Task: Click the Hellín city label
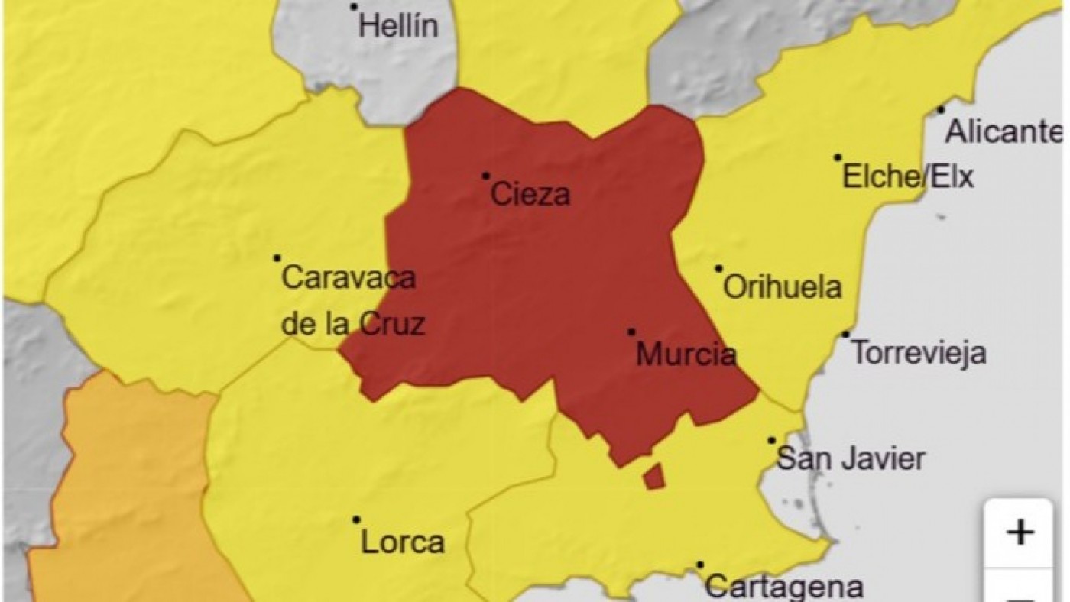click(x=398, y=28)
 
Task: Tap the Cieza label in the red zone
click(x=530, y=195)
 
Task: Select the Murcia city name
click(x=686, y=354)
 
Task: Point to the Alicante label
click(x=1004, y=132)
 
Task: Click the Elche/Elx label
click(x=908, y=178)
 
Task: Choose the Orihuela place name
click(x=782, y=288)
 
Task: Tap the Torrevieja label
click(x=919, y=354)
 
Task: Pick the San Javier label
click(x=851, y=459)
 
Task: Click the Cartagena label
click(x=783, y=587)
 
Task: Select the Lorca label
click(x=402, y=542)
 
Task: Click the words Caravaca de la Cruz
click(x=351, y=300)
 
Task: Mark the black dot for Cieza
click(x=485, y=176)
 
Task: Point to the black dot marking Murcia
click(x=631, y=332)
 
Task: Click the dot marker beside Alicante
click(x=941, y=110)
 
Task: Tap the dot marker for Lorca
click(x=356, y=519)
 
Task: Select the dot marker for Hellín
click(x=354, y=7)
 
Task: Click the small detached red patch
click(x=653, y=477)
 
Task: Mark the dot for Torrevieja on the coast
click(x=846, y=335)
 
